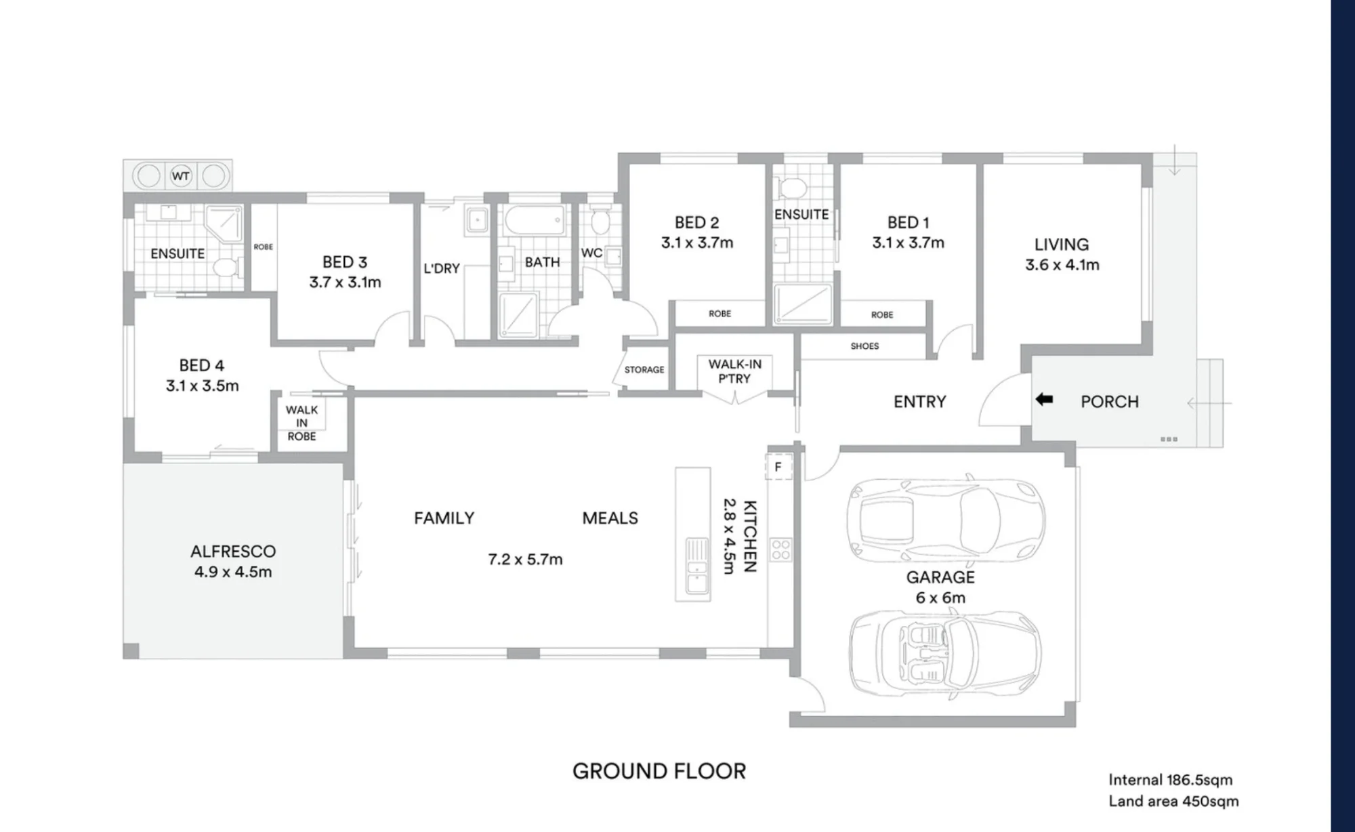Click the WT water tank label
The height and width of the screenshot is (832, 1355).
(x=180, y=176)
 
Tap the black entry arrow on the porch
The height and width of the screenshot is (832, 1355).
(x=1044, y=400)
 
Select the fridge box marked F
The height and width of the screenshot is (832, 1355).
(x=778, y=467)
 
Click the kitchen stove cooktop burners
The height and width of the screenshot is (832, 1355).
(x=780, y=549)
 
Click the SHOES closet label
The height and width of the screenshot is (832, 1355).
(x=864, y=346)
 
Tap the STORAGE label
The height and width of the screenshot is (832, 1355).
(x=644, y=370)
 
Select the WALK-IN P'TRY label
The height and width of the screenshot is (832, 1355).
(x=735, y=371)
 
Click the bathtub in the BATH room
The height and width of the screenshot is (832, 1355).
(x=535, y=220)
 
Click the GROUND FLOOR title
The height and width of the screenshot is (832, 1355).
(x=659, y=771)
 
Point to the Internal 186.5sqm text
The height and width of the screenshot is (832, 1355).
(x=1171, y=780)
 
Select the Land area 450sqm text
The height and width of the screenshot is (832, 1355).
(x=1173, y=802)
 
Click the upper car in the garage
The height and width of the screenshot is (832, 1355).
(x=946, y=519)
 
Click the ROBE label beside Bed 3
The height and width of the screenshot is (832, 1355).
(x=264, y=247)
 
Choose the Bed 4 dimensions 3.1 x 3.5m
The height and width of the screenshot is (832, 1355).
(x=203, y=386)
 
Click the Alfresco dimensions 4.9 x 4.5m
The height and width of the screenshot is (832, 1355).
(x=233, y=572)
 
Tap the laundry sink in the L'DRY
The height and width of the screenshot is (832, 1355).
(x=477, y=220)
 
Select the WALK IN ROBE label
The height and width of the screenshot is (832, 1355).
(x=301, y=423)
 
